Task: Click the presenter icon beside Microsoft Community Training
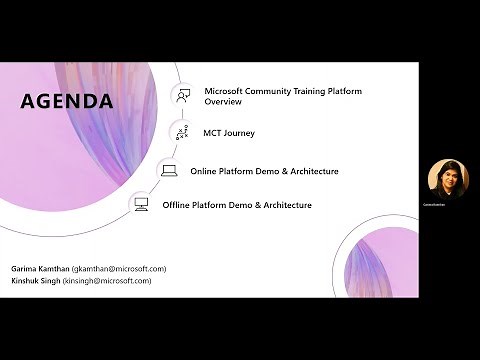[x=183, y=96]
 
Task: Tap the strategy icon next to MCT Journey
[x=182, y=132]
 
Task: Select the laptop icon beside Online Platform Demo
[x=169, y=171]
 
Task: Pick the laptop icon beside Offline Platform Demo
[x=141, y=205]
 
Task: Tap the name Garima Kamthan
[x=40, y=269]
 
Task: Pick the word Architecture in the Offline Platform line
[x=285, y=205]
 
